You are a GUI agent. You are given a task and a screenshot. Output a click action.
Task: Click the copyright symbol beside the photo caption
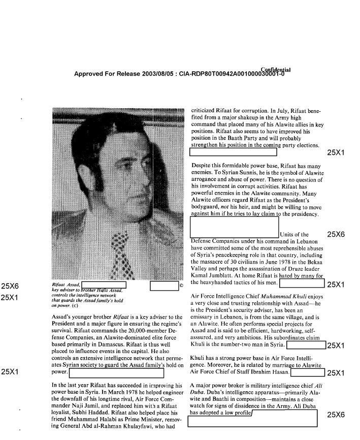click(x=181, y=286)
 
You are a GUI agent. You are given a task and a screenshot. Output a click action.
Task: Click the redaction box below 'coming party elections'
click(x=233, y=151)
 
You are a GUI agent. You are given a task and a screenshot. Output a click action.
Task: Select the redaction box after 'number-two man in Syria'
click(x=306, y=345)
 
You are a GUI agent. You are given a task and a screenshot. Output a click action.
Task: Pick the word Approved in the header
click(x=90, y=74)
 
